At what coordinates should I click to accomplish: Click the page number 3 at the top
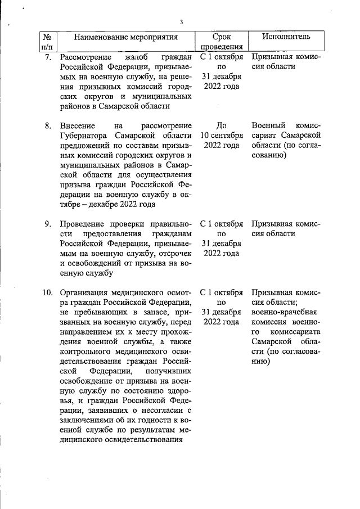[x=181, y=22]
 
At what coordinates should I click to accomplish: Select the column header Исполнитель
[x=286, y=37]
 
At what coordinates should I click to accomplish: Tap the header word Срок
[x=222, y=37]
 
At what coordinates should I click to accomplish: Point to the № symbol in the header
[x=47, y=37]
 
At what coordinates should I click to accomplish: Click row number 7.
[x=48, y=57]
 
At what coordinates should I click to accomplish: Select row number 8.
[x=48, y=125]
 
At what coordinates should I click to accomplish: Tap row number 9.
[x=48, y=224]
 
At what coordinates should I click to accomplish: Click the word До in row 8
[x=222, y=125]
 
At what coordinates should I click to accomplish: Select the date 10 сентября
[x=222, y=136]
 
